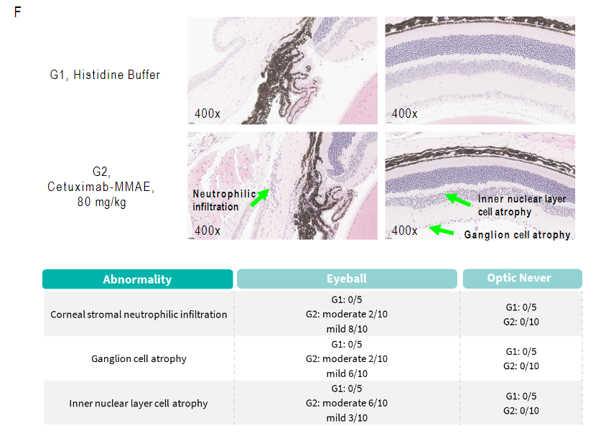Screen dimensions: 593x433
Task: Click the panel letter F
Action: point(17,12)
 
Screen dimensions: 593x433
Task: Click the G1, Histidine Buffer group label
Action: point(105,75)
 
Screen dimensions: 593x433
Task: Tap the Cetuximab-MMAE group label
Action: point(101,187)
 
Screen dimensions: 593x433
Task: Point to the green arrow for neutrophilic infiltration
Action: point(260,197)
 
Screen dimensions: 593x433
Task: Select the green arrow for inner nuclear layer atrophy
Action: point(457,200)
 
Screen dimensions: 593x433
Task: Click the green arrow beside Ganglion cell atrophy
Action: point(442,230)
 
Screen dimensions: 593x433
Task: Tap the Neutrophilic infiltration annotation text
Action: point(224,200)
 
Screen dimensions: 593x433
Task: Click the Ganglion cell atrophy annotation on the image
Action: point(517,235)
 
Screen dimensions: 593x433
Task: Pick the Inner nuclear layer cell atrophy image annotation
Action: point(522,205)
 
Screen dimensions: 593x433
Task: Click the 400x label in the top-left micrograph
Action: point(207,113)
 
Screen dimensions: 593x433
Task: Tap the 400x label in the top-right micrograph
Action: point(404,113)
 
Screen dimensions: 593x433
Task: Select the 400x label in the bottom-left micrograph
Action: point(207,231)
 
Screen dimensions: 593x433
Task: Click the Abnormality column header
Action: point(138,279)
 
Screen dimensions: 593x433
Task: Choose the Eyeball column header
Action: point(347,279)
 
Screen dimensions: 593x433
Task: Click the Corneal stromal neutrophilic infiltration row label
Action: point(139,315)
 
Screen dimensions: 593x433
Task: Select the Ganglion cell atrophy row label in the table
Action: point(139,358)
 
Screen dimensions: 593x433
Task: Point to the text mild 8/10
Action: point(347,329)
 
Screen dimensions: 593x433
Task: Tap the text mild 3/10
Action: point(347,418)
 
